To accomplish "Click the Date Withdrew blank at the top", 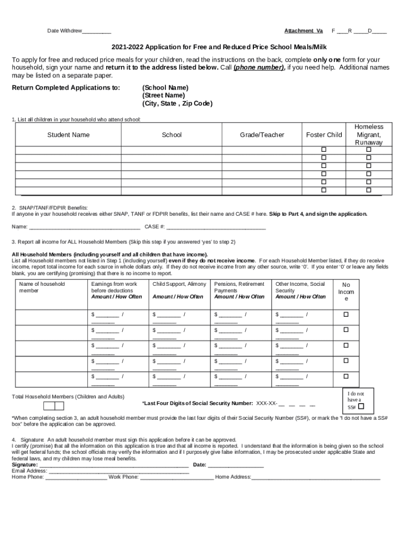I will pos(96,31).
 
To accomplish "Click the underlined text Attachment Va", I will pos(304,30).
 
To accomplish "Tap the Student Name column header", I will pos(68,135).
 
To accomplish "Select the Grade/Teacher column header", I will pos(262,135).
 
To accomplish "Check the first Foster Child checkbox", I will pos(323,150).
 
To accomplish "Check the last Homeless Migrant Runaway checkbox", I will pos(368,190).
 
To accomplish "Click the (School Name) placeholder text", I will pos(165,87).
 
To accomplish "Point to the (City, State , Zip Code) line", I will pos(177,104).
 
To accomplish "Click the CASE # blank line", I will pos(216,227).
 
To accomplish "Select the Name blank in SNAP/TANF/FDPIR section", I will pos(84,227).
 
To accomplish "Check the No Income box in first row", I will pos(345,315).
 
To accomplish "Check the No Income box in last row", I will pos(345,376).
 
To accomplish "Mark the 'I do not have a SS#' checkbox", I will pos(361,407).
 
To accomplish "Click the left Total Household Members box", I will pos(49,406).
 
